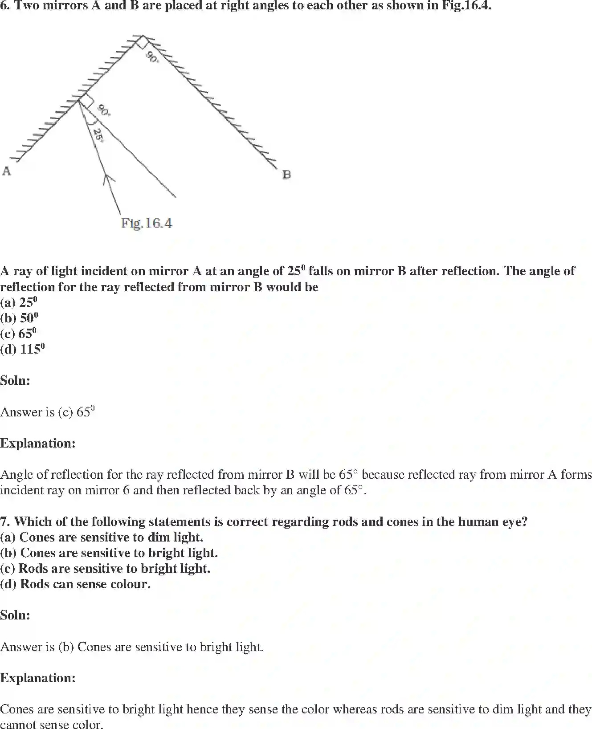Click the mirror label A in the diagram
[x=6, y=171]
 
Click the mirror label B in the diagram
[x=286, y=175]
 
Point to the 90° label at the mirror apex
[x=152, y=57]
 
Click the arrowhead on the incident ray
[x=108, y=179]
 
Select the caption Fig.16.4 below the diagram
[x=147, y=223]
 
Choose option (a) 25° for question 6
[x=19, y=302]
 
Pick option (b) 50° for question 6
[x=19, y=318]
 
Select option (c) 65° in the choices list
[x=18, y=334]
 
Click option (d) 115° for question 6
[x=22, y=349]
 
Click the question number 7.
[x=5, y=521]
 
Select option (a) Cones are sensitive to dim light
[x=102, y=537]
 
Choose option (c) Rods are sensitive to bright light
[x=105, y=568]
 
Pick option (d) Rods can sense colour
[x=75, y=584]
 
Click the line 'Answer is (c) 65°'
[x=47, y=412]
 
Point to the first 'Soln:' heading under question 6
[x=15, y=380]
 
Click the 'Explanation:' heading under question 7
[x=38, y=678]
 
